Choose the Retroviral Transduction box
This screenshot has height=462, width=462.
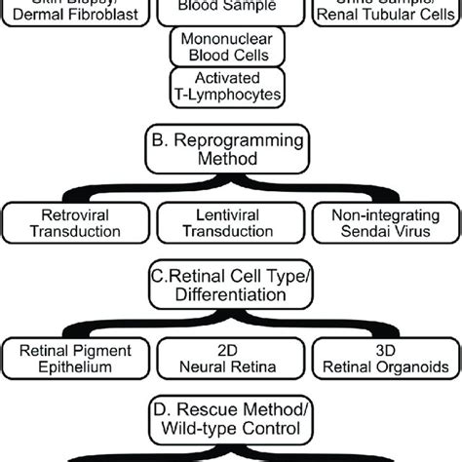76,223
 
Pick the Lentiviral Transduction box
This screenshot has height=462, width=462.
228,223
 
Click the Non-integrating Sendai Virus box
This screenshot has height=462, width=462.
383,223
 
